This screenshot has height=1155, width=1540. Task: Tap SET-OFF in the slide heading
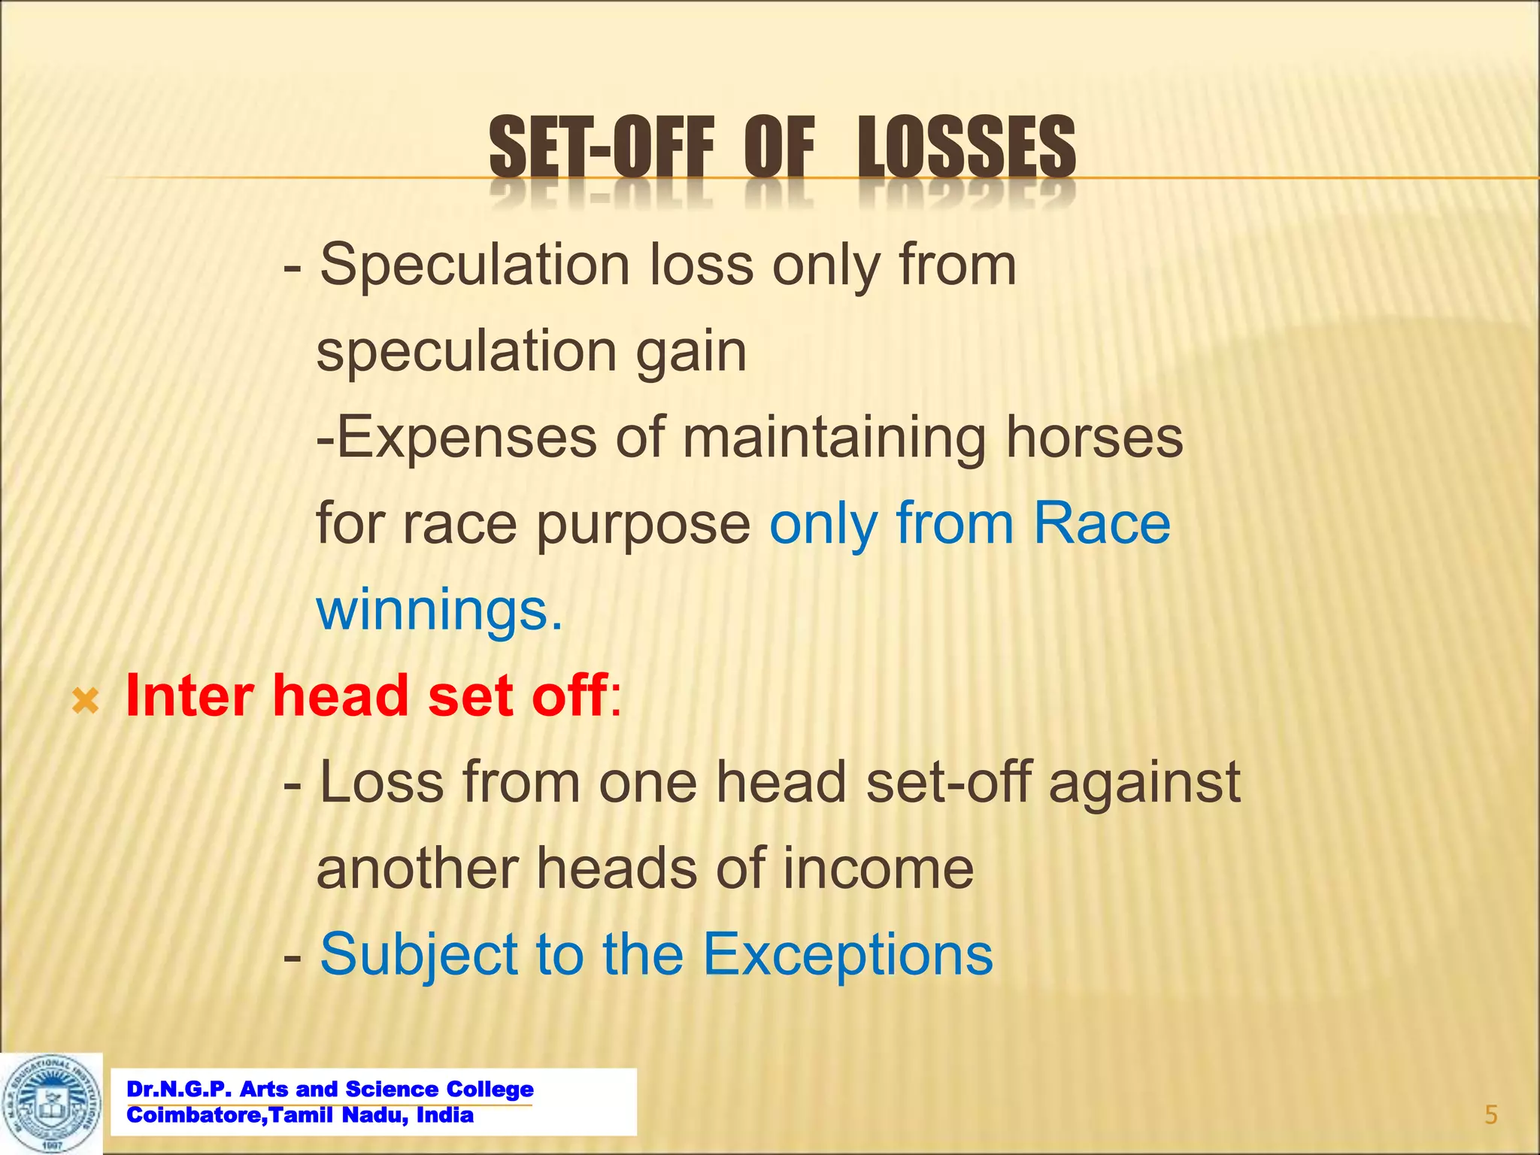tap(601, 147)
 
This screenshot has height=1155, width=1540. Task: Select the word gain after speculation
tap(691, 351)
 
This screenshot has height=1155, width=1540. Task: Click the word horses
tap(1094, 438)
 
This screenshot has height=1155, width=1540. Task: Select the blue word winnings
tap(438, 610)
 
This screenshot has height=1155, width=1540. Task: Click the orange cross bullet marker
tap(85, 702)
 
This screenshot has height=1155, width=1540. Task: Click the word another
tap(417, 869)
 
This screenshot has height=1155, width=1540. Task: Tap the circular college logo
tap(51, 1103)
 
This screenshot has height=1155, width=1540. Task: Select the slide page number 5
tap(1490, 1114)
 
